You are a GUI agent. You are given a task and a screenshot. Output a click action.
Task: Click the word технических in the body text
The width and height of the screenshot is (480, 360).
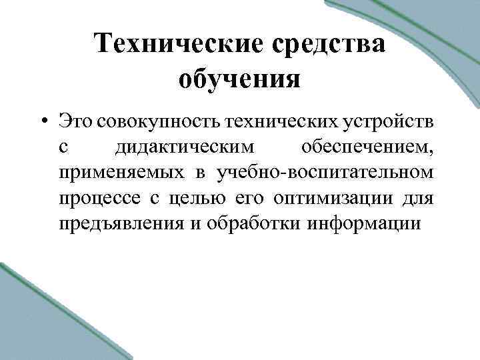pos(281,122)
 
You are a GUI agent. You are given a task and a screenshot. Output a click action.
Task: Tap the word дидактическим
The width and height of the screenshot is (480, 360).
pos(184,147)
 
